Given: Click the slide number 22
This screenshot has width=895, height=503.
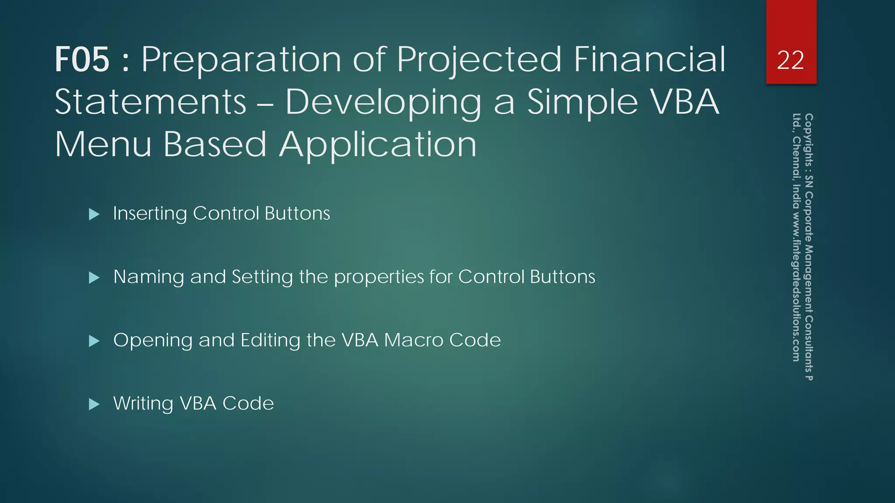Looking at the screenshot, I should [791, 60].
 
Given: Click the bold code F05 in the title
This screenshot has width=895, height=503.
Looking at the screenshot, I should [82, 60].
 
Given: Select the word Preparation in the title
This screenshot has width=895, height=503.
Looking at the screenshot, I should [241, 60].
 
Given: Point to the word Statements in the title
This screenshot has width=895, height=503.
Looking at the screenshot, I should [151, 102].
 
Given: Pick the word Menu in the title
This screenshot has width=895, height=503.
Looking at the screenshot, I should [103, 145].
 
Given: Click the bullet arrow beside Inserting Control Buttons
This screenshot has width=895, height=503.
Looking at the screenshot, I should [94, 214].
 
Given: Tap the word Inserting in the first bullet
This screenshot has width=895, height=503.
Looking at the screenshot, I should [149, 214].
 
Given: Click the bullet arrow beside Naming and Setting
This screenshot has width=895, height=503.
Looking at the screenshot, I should [94, 277].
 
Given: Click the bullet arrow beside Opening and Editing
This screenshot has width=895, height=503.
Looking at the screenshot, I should [94, 341].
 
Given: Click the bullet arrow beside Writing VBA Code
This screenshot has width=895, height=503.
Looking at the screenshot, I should [94, 404].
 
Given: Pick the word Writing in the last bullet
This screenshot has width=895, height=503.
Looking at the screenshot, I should [143, 404].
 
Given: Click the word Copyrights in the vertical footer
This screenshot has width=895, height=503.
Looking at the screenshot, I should [808, 138].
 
